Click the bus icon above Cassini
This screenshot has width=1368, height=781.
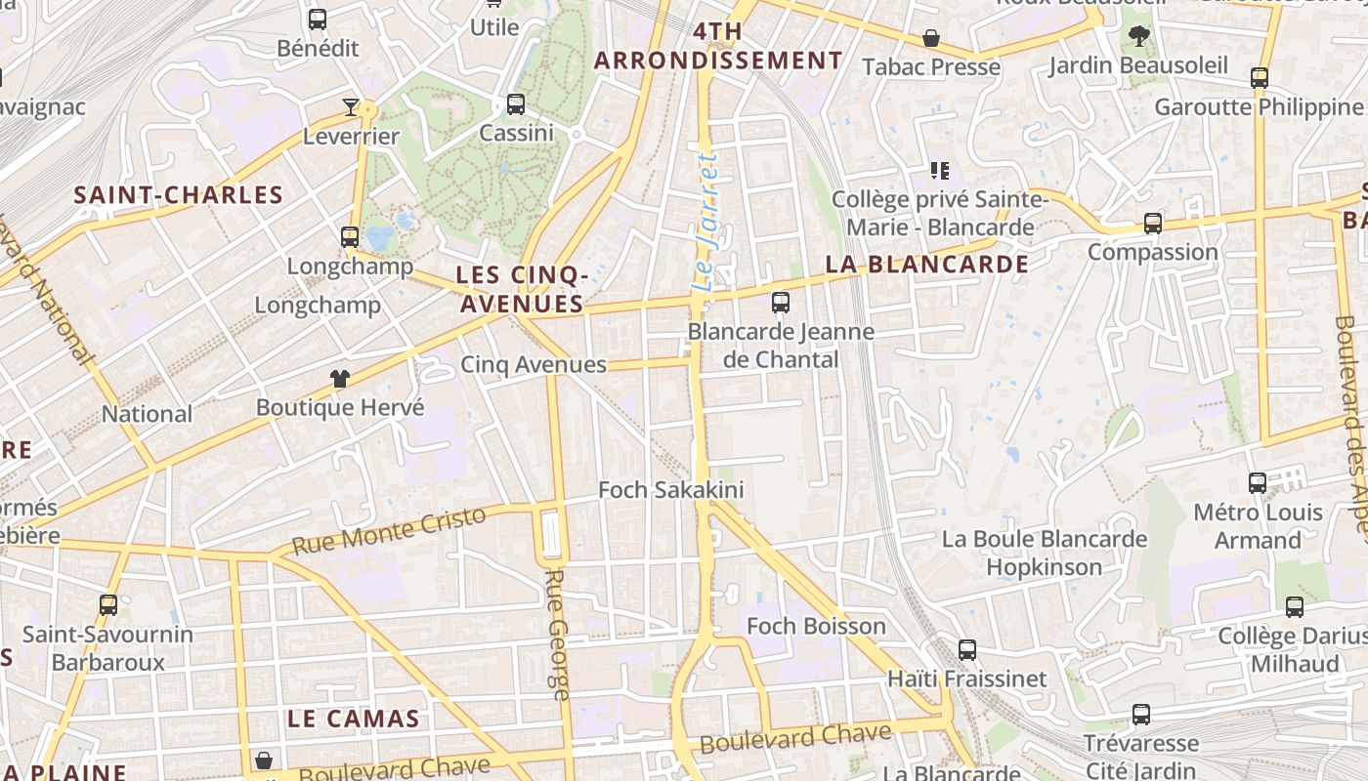pyautogui.click(x=516, y=104)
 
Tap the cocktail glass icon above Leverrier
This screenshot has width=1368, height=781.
pyautogui.click(x=351, y=107)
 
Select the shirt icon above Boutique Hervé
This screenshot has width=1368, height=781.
pyautogui.click(x=339, y=379)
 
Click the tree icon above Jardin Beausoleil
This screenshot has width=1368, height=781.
pyautogui.click(x=1138, y=37)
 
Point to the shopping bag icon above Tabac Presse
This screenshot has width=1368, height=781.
pyautogui.click(x=931, y=39)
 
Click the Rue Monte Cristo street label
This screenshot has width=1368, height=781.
pyautogui.click(x=389, y=531)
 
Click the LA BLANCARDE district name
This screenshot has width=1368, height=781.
pyautogui.click(x=926, y=265)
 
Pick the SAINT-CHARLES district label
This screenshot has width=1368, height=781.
pyautogui.click(x=179, y=195)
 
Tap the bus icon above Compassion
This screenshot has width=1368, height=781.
pyautogui.click(x=1153, y=224)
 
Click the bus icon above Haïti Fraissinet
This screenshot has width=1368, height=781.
pyautogui.click(x=966, y=650)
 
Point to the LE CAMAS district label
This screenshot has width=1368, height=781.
pyautogui.click(x=353, y=719)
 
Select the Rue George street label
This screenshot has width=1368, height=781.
pyautogui.click(x=555, y=635)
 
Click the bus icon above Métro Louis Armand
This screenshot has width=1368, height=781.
pyautogui.click(x=1258, y=483)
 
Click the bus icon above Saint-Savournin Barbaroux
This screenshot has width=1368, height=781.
pyautogui.click(x=108, y=605)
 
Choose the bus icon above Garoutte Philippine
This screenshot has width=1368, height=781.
pyautogui.click(x=1260, y=78)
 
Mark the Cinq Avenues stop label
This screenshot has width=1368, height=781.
pyautogui.click(x=534, y=365)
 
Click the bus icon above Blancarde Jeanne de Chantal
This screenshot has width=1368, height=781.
pyautogui.click(x=780, y=303)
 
